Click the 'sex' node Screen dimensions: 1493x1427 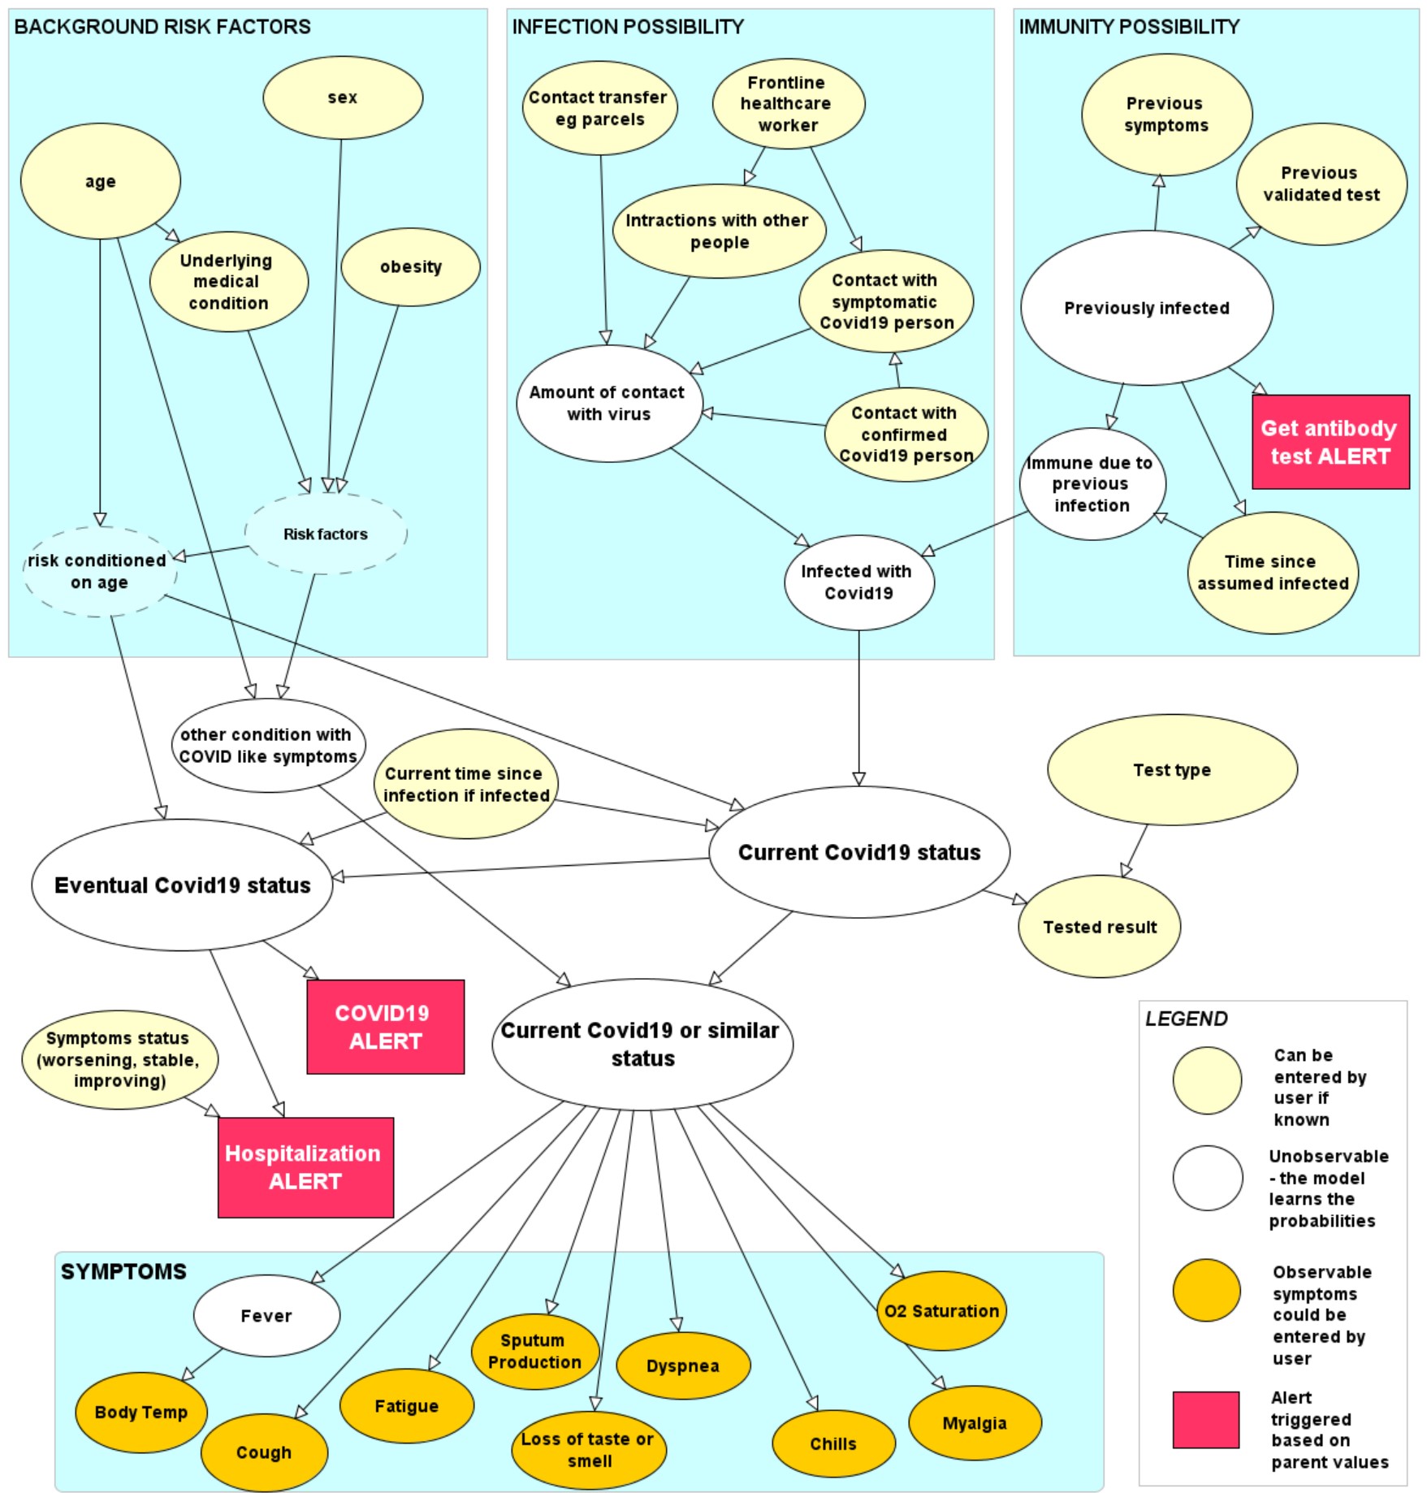[x=343, y=97]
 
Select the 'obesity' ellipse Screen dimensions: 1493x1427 [x=410, y=266]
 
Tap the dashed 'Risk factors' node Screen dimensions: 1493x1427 [x=325, y=534]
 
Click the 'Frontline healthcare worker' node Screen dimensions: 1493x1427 [x=788, y=104]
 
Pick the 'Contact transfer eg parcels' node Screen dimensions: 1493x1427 [x=599, y=108]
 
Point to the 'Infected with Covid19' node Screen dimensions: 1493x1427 [x=858, y=582]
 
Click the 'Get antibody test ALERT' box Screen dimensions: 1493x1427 [x=1330, y=442]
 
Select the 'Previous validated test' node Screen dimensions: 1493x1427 [x=1321, y=184]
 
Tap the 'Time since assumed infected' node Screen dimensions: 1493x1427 [x=1272, y=573]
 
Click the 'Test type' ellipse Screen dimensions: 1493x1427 [x=1171, y=770]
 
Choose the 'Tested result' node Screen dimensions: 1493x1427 [x=1099, y=927]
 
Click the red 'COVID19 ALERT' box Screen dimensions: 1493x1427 [x=385, y=1027]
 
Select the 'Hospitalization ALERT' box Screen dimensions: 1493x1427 [x=305, y=1167]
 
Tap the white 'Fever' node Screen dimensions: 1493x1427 [x=266, y=1315]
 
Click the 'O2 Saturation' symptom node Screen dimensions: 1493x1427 [x=941, y=1310]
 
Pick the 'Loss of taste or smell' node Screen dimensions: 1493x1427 [x=588, y=1450]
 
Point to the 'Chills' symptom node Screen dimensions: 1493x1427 [x=833, y=1443]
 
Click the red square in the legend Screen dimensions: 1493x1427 [x=1205, y=1419]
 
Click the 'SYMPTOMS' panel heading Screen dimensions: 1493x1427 [x=123, y=1271]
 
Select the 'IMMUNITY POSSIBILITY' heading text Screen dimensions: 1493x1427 [x=1128, y=27]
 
